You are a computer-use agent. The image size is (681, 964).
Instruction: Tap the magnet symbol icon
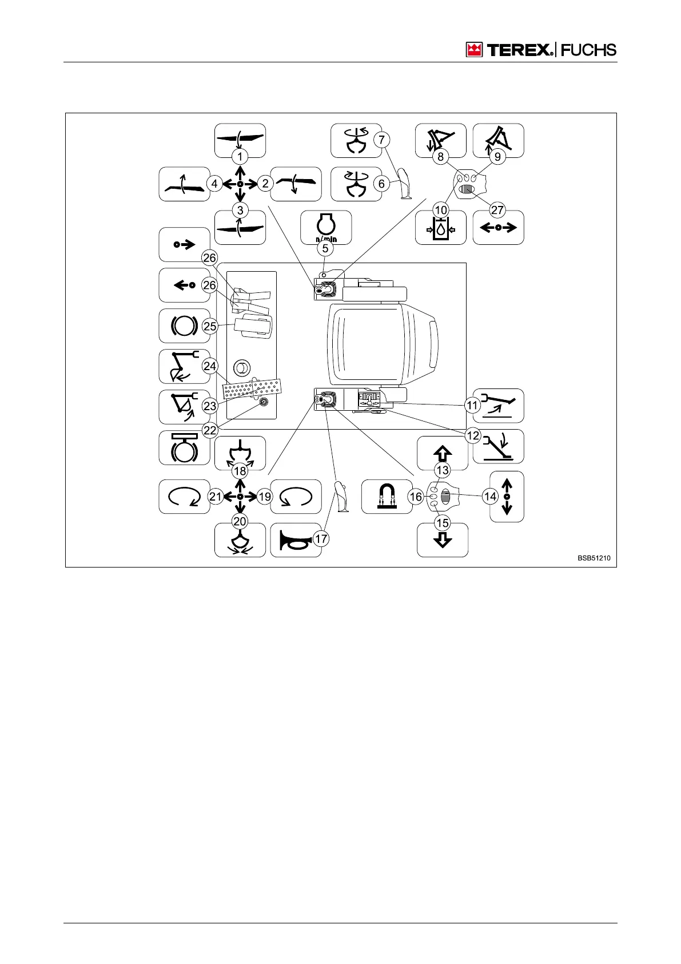tap(387, 497)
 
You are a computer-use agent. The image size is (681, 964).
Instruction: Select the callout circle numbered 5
tap(325, 248)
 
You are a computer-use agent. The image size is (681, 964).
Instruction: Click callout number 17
tap(321, 539)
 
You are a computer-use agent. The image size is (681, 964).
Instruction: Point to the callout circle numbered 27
tap(497, 210)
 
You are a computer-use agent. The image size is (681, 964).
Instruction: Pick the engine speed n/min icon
tap(326, 227)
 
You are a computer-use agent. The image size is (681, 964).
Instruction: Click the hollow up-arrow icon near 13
tap(443, 454)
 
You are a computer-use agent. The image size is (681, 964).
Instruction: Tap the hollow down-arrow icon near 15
tap(443, 540)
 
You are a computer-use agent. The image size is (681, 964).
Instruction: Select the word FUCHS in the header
tap(588, 50)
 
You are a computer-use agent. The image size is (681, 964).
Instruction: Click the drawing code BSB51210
tap(597, 558)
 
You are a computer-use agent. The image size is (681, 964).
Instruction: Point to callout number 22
tap(210, 430)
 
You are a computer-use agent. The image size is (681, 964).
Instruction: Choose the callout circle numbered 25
tap(210, 326)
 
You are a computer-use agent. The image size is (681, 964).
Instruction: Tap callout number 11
tap(472, 406)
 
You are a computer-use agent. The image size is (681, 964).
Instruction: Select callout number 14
tap(490, 497)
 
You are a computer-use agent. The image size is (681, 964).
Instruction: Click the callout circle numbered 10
tap(441, 210)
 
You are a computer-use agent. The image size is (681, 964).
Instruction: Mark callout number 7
tap(381, 140)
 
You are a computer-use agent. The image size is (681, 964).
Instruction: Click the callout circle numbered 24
tap(210, 366)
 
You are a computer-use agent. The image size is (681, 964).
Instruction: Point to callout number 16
tap(416, 497)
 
